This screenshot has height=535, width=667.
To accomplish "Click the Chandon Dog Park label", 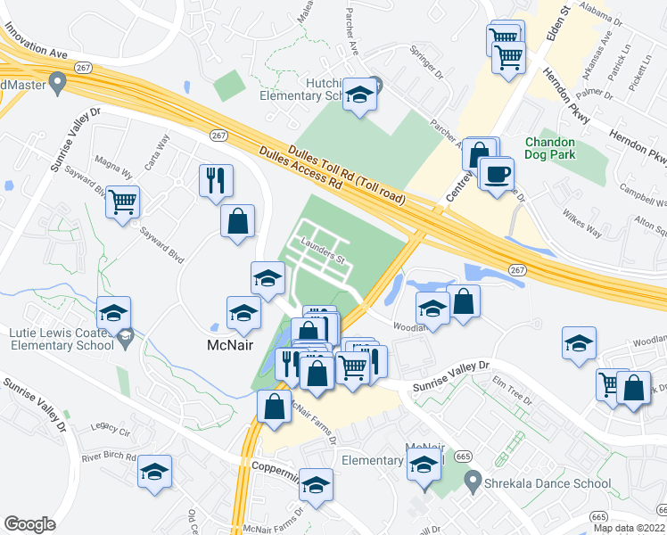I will [x=563, y=148].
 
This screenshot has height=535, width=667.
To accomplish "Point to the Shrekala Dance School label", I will [x=548, y=483].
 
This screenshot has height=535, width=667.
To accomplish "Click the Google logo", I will [x=29, y=524].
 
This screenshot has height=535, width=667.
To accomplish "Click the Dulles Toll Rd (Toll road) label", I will [x=347, y=176].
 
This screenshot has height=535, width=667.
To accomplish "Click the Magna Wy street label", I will [x=113, y=166].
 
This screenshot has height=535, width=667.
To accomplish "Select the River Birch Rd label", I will [x=108, y=457].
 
